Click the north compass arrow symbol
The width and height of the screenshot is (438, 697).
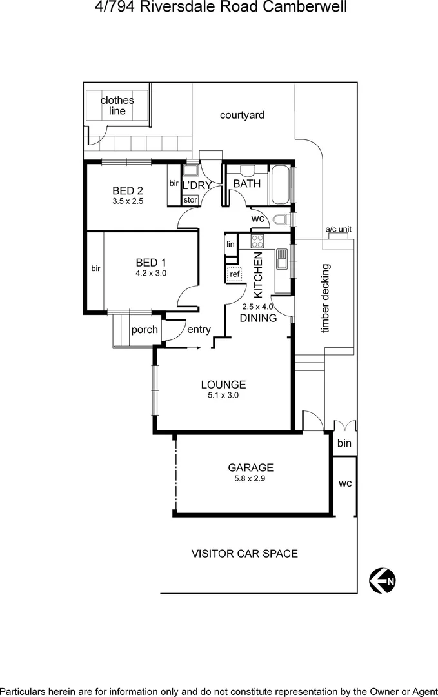383,580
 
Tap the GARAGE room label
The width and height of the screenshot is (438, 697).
251,468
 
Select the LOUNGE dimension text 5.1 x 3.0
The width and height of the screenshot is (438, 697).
223,396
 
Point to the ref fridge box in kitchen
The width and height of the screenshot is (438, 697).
234,274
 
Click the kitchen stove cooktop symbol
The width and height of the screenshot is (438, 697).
257,241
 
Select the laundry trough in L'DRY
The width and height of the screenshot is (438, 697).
191,171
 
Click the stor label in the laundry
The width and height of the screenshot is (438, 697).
190,200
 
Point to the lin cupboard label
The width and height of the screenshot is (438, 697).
230,245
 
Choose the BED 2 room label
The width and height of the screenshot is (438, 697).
127,190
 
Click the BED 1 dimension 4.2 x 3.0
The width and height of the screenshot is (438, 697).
151,273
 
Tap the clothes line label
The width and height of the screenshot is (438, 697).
117,105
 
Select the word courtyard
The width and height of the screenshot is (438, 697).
242,115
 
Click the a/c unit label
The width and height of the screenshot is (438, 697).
338,229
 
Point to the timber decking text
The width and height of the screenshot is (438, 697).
326,298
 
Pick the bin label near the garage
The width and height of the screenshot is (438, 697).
344,443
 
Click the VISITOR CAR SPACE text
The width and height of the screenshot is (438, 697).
244,553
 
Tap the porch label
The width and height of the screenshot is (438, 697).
144,330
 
